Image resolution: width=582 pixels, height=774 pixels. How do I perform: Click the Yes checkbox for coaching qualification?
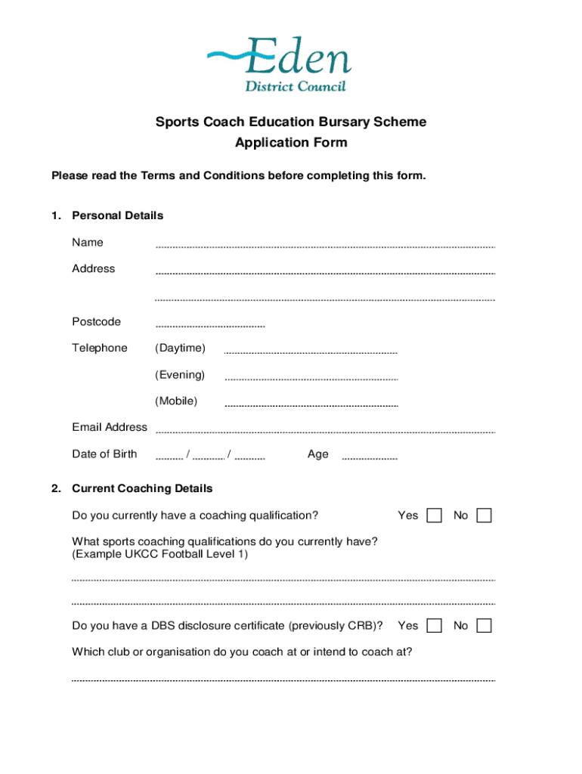pos(435,515)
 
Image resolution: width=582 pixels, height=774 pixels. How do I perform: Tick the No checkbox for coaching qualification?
pos(484,515)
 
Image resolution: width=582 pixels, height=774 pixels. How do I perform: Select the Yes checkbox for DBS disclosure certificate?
pos(435,626)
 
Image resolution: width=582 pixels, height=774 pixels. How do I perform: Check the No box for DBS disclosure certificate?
pos(484,626)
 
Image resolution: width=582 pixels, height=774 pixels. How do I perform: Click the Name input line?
pos(325,246)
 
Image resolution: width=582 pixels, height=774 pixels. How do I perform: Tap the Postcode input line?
pos(210,325)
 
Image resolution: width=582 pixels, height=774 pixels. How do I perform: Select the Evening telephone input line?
pos(311,378)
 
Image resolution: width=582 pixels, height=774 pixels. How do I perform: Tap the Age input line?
pos(370,457)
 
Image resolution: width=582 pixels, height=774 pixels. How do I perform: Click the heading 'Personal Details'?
pos(117,215)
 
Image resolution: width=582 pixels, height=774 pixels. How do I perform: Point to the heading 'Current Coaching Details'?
pos(142,488)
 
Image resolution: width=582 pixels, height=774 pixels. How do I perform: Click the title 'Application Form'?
pos(291,143)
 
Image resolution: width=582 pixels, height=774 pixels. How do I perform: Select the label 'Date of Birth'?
pos(104,454)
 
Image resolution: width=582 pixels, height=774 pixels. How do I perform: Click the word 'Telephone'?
pos(100,348)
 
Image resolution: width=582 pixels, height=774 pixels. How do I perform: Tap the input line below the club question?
pos(283,680)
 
